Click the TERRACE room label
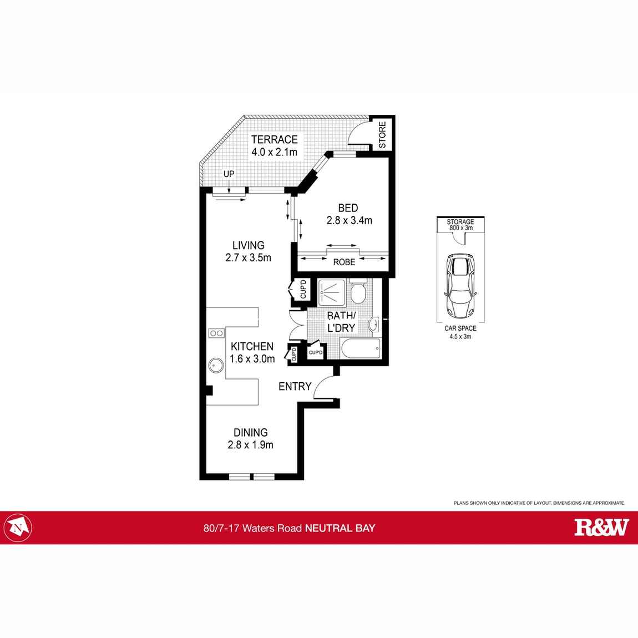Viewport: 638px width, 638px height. click(274, 140)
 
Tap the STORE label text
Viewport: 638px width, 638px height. click(382, 135)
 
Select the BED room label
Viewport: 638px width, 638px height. click(348, 209)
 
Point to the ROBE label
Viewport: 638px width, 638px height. click(343, 262)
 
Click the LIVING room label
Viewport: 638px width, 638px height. click(248, 245)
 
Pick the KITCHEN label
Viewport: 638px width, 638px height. click(252, 346)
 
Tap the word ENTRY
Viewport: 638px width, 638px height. click(295, 386)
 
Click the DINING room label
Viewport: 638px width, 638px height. click(250, 433)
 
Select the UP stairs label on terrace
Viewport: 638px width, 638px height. click(229, 174)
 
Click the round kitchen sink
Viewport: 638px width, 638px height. click(216, 366)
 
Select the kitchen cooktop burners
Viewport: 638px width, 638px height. click(216, 333)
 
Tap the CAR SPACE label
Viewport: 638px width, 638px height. click(460, 328)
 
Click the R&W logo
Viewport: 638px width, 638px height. click(601, 527)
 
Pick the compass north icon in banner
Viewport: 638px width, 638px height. click(19, 527)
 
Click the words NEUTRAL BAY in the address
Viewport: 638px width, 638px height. click(341, 528)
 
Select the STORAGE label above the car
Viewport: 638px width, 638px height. click(460, 222)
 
